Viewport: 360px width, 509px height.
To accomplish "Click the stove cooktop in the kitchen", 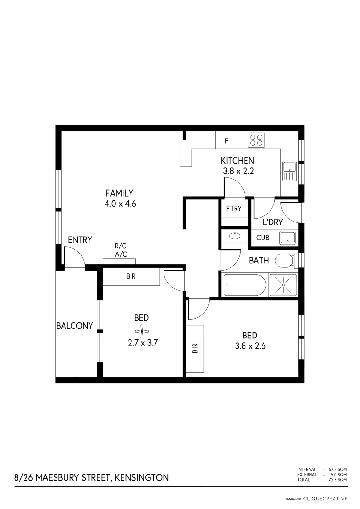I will (257, 139).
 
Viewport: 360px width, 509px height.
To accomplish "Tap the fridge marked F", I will (227, 141).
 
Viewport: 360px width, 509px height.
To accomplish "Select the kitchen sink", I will (288, 170).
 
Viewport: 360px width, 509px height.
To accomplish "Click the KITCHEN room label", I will (237, 161).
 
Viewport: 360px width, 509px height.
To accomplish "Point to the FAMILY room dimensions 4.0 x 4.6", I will (119, 204).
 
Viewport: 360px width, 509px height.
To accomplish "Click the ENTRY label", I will (80, 240).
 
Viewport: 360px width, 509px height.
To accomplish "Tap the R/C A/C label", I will (121, 250).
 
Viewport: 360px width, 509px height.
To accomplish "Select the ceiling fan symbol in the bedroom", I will (141, 331).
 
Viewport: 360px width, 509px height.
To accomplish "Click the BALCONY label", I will (74, 326).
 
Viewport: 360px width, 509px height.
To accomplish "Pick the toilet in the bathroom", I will (285, 260).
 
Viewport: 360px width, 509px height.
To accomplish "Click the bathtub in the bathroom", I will (244, 285).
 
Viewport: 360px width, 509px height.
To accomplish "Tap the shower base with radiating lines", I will (283, 285).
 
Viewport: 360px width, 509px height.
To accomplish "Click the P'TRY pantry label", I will (234, 208).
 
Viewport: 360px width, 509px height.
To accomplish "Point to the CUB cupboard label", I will (262, 238).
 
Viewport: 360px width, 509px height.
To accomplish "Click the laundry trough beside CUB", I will (287, 238).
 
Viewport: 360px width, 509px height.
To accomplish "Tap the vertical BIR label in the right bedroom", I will (195, 348).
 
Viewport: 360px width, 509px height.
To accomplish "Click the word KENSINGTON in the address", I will (141, 477).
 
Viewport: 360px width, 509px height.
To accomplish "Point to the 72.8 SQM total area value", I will (338, 479).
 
